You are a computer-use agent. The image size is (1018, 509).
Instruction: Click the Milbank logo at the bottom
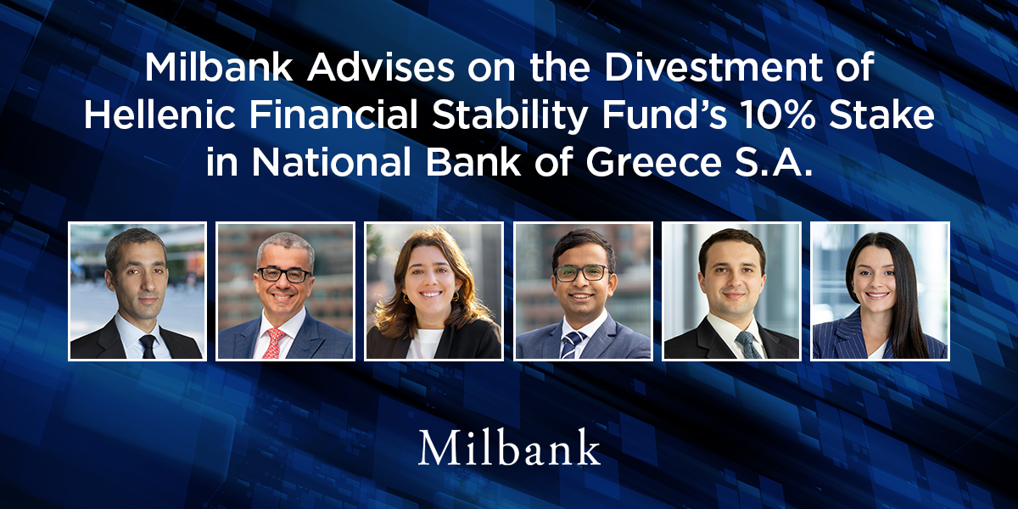[x=509, y=448]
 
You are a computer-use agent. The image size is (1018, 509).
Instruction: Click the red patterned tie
[x=273, y=342]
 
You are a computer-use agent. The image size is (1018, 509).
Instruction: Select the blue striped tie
[x=572, y=344]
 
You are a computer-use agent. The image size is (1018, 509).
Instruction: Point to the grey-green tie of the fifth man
[x=747, y=344]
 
